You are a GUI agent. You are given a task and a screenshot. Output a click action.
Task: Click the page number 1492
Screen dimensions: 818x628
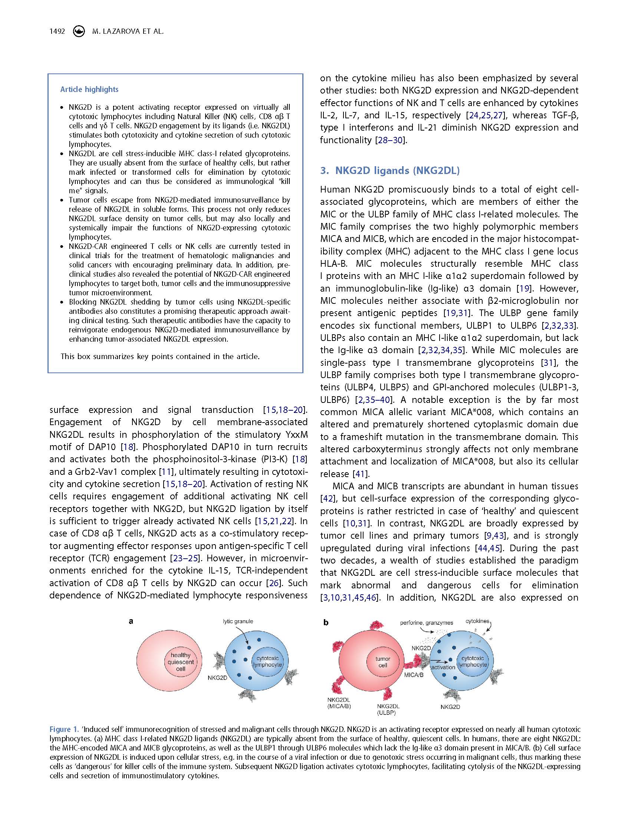tap(57, 32)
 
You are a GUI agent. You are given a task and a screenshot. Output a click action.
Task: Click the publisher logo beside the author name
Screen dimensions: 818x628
tap(79, 32)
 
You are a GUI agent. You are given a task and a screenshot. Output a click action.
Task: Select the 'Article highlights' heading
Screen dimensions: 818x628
tap(89, 89)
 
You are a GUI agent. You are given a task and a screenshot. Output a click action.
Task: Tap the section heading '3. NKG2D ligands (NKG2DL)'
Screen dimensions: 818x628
tap(389, 171)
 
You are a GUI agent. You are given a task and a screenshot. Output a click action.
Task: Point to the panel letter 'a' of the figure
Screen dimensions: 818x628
tap(131, 621)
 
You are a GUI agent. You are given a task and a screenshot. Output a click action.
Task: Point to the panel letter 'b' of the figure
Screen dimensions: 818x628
tap(326, 622)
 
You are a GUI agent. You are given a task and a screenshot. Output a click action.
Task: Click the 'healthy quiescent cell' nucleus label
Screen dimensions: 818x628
tap(181, 662)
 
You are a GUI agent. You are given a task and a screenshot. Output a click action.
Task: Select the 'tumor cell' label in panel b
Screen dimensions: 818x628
tap(383, 662)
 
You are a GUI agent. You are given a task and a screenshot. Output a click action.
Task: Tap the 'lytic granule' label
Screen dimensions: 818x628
tap(238, 621)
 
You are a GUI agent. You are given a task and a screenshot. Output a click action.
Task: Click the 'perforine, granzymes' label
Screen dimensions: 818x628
tap(426, 623)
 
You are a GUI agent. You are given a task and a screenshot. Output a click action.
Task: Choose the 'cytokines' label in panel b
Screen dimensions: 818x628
tap(477, 621)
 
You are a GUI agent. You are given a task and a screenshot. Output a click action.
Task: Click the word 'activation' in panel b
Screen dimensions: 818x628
tap(443, 667)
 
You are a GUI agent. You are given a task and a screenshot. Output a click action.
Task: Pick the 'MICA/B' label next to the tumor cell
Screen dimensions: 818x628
tap(414, 676)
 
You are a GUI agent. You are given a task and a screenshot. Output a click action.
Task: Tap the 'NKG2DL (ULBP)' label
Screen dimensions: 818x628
tap(388, 709)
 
